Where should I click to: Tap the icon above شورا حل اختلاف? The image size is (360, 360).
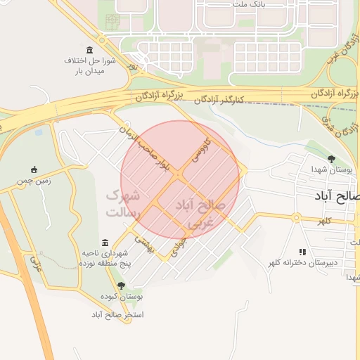pyautogui.click(x=89, y=51)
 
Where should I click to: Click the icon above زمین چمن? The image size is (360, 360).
pyautogui.click(x=34, y=169)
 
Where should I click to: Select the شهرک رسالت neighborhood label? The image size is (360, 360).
pyautogui.click(x=123, y=202)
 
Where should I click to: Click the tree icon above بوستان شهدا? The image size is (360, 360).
pyautogui.click(x=331, y=159)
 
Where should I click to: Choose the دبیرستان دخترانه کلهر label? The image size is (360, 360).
pyautogui.click(x=302, y=263)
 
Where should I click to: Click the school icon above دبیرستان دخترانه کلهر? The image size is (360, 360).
pyautogui.click(x=302, y=252)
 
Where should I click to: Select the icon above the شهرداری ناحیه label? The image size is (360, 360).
pyautogui.click(x=105, y=241)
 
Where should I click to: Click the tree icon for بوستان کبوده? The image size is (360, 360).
pyautogui.click(x=122, y=285)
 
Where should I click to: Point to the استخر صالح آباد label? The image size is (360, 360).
pyautogui.click(x=117, y=314)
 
